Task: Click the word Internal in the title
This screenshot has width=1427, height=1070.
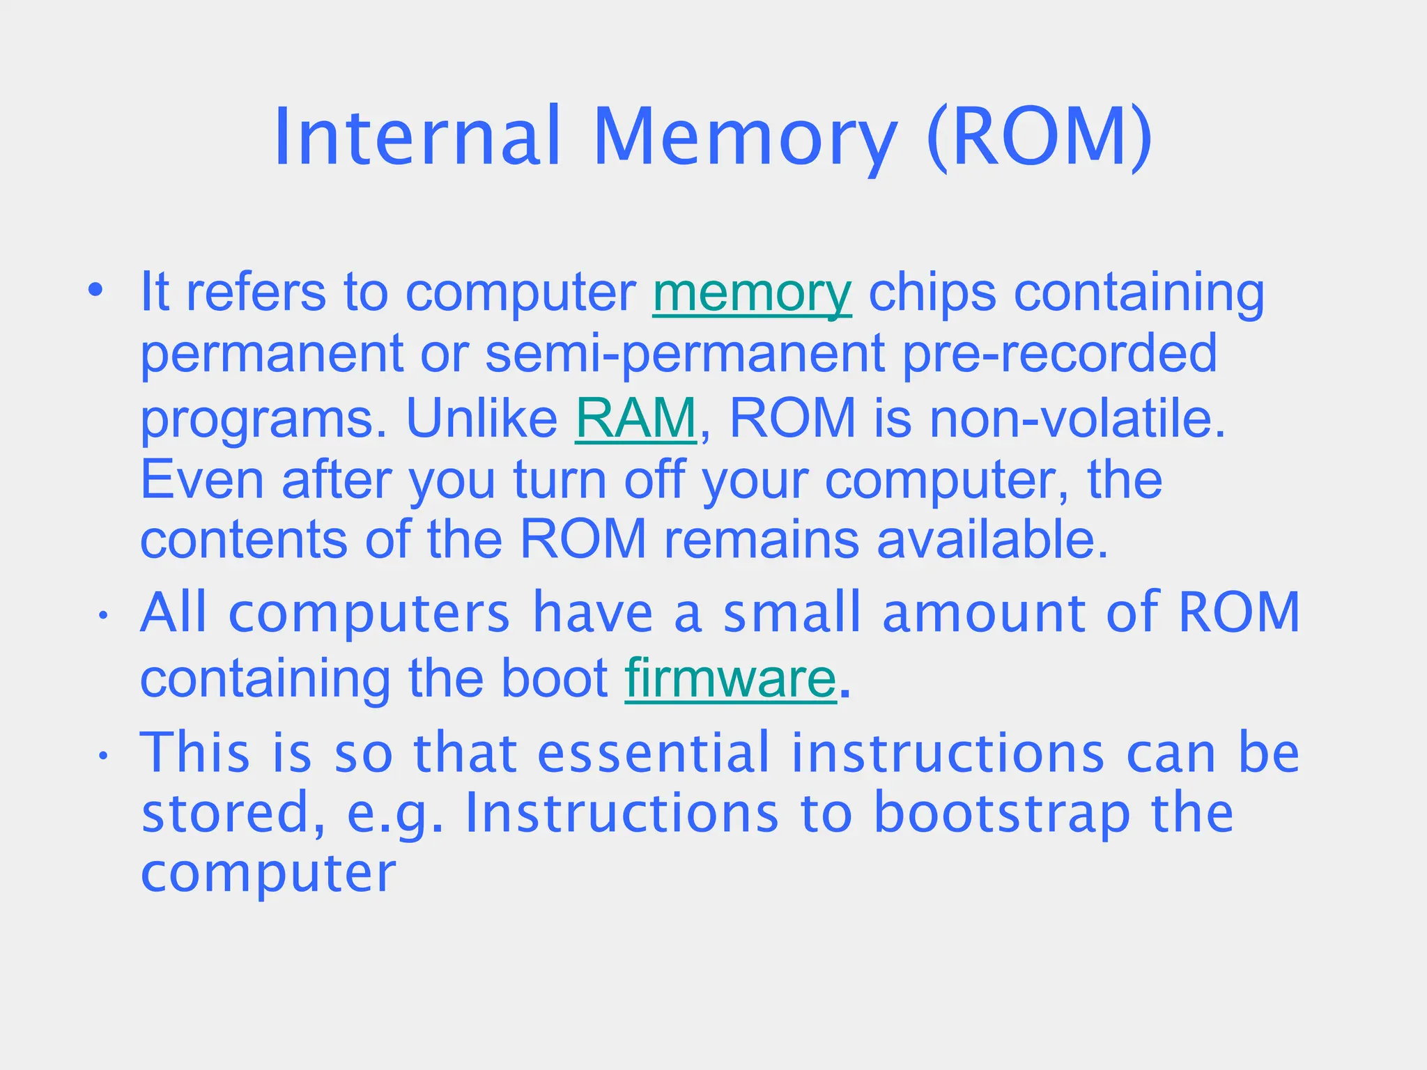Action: point(417,137)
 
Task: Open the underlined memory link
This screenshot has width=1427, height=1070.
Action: point(752,293)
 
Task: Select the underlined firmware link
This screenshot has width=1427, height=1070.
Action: point(730,679)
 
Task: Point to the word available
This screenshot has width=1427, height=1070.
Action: point(991,540)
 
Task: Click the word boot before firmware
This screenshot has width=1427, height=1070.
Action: point(555,679)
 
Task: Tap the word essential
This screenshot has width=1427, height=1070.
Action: point(654,753)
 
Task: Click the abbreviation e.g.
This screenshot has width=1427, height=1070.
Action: point(394,813)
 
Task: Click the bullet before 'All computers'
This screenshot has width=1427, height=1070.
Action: point(102,615)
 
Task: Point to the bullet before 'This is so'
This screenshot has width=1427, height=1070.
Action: point(102,756)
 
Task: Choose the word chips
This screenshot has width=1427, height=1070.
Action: point(932,293)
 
